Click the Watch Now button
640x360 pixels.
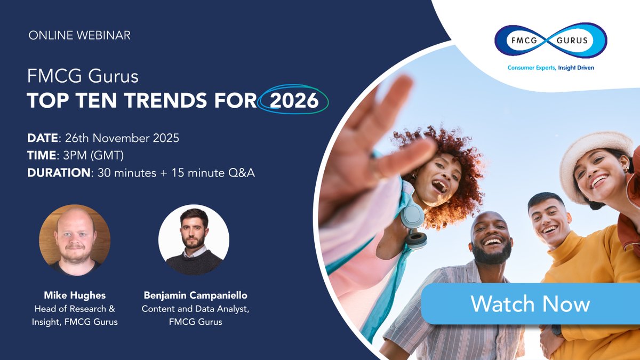point(530,304)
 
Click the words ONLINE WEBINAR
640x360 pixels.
point(79,36)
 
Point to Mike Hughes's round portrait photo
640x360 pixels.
point(75,240)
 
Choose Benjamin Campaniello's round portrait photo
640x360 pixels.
point(194,240)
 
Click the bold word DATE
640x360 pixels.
point(43,138)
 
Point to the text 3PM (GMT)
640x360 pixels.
point(93,156)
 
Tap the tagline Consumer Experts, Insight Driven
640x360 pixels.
point(550,68)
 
